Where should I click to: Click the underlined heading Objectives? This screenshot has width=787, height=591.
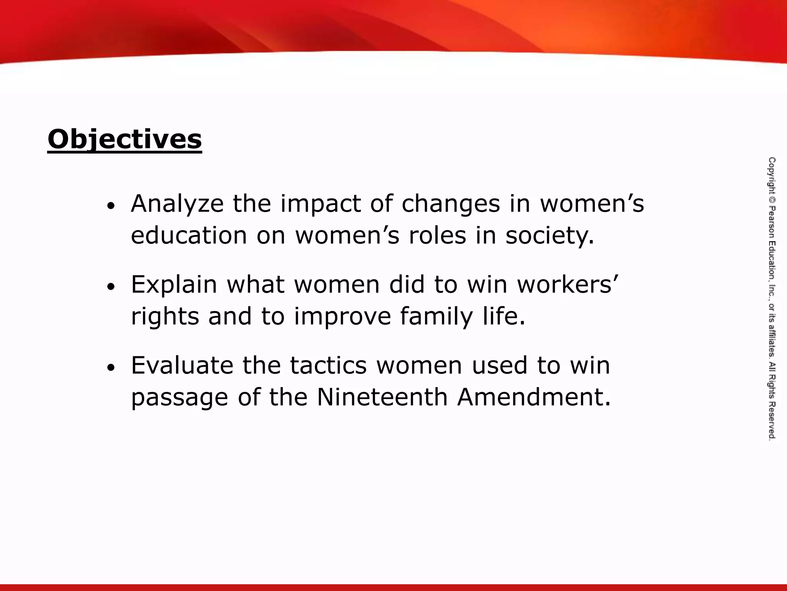pyautogui.click(x=125, y=140)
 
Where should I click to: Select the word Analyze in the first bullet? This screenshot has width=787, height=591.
pyautogui.click(x=177, y=204)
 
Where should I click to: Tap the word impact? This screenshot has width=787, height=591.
pyautogui.click(x=320, y=204)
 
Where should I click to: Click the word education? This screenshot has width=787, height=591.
pyautogui.click(x=189, y=235)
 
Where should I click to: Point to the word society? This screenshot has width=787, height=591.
pyautogui.click(x=550, y=235)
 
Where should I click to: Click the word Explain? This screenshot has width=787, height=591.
pyautogui.click(x=174, y=285)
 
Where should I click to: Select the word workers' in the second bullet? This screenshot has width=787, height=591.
pyautogui.click(x=567, y=285)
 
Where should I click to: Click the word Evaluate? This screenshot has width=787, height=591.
pyautogui.click(x=182, y=366)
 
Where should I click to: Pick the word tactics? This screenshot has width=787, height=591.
pyautogui.click(x=328, y=366)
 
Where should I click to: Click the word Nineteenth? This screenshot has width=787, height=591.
pyautogui.click(x=382, y=397)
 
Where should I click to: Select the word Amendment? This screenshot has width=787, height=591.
pyautogui.click(x=533, y=397)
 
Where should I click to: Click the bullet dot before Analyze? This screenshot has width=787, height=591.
pyautogui.click(x=111, y=207)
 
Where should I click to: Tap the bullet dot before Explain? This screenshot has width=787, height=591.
pyautogui.click(x=111, y=287)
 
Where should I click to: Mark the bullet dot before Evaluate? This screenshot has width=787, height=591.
pyautogui.click(x=111, y=368)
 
